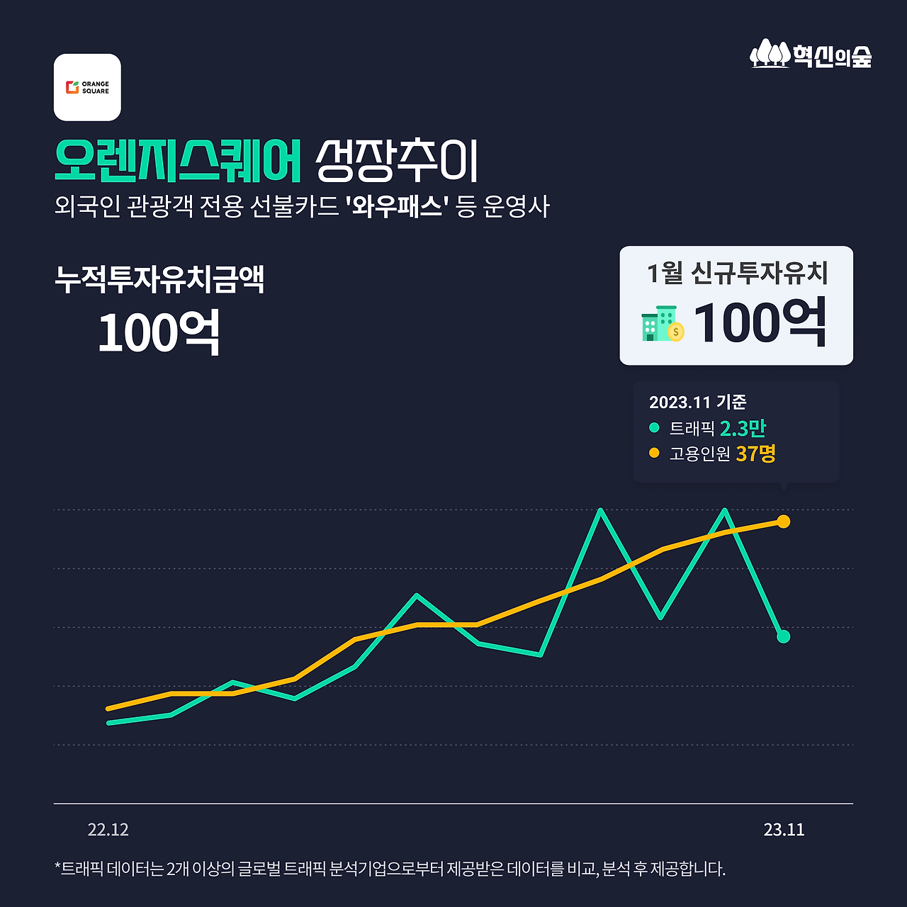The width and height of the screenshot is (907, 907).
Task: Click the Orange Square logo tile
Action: (x=87, y=87)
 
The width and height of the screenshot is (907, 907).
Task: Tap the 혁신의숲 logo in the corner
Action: (x=811, y=54)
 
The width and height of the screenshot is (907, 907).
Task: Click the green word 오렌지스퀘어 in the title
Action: (x=178, y=161)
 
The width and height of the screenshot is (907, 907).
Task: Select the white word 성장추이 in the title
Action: (x=397, y=161)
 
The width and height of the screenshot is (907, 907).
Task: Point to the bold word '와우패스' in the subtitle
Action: (x=398, y=207)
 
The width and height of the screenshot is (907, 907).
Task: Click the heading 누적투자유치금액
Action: (x=159, y=279)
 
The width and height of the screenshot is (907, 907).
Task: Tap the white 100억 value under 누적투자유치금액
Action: (x=159, y=332)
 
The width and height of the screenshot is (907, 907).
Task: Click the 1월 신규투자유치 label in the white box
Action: (x=737, y=273)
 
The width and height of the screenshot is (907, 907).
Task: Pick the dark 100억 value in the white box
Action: (x=760, y=323)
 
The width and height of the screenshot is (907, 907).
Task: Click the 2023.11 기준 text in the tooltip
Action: (x=697, y=402)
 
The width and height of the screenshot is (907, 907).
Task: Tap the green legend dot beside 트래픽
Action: (x=654, y=428)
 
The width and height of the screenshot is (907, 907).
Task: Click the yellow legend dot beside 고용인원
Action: (x=654, y=453)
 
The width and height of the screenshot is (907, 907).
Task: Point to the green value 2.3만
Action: (x=743, y=428)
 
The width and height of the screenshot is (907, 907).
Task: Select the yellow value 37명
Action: (x=755, y=453)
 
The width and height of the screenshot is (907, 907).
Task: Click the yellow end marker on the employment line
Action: (x=783, y=522)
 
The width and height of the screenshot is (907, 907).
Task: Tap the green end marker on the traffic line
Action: (x=783, y=636)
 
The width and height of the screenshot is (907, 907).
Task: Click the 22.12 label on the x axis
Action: (x=108, y=830)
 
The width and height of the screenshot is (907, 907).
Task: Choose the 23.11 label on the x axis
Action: (x=784, y=830)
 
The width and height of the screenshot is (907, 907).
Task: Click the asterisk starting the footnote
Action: (x=57, y=867)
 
